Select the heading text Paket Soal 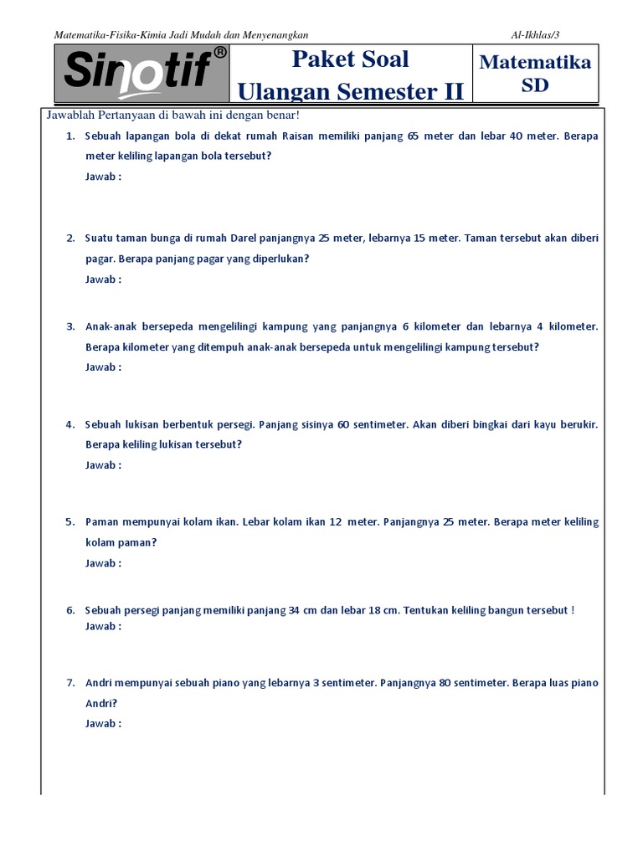point(350,59)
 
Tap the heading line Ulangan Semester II point(350,91)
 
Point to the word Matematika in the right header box point(536,63)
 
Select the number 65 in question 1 point(414,136)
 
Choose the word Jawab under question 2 point(100,280)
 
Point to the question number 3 point(70,326)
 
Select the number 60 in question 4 point(343,424)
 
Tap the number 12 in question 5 point(336,521)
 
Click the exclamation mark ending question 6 point(573,610)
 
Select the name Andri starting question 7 point(100,683)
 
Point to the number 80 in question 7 point(445,683)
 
